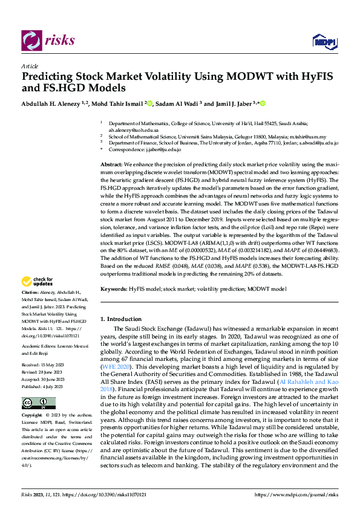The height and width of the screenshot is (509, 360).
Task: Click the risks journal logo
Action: pos(48,41)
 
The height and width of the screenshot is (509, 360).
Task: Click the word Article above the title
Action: pos(30,66)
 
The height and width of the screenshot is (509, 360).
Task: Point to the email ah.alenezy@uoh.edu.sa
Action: pos(134,130)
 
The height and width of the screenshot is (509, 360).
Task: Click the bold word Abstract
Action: pos(111,164)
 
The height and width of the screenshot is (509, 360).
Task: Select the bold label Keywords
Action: pos(114,290)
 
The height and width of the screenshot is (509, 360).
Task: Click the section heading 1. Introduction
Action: pos(124,319)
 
